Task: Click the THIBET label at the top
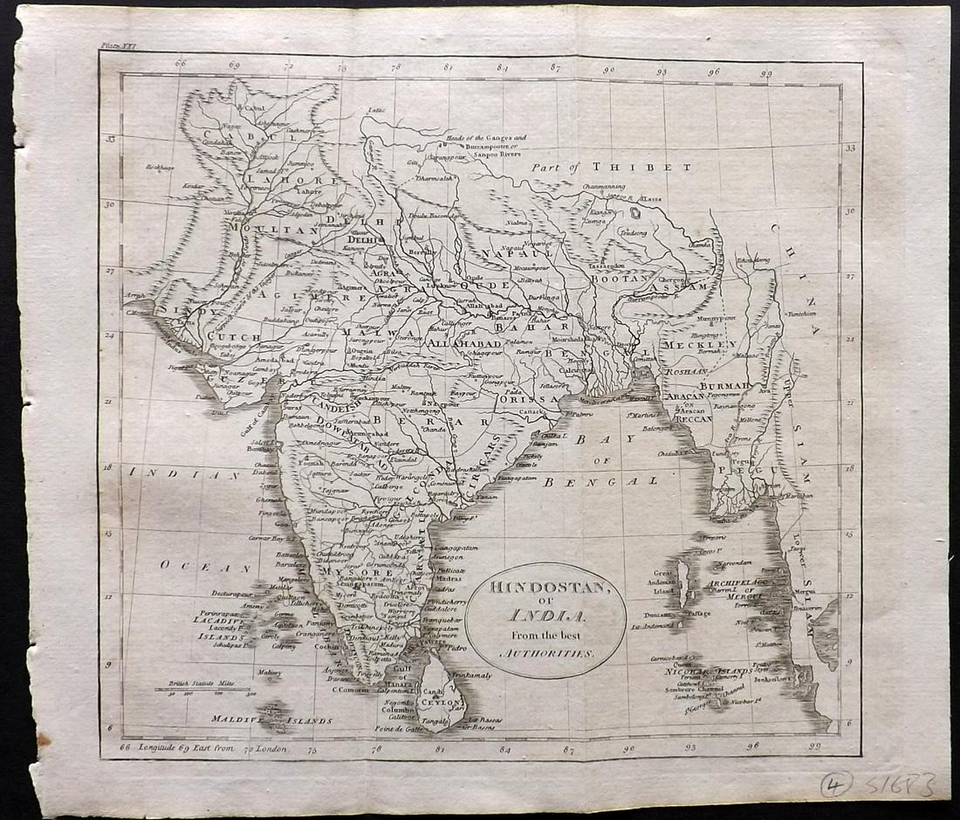pos(633,166)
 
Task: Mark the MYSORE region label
pos(346,571)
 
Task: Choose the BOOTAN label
pos(621,278)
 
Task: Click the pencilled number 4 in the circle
pos(836,785)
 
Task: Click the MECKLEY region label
pos(700,345)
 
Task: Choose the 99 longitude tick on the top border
pos(765,74)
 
